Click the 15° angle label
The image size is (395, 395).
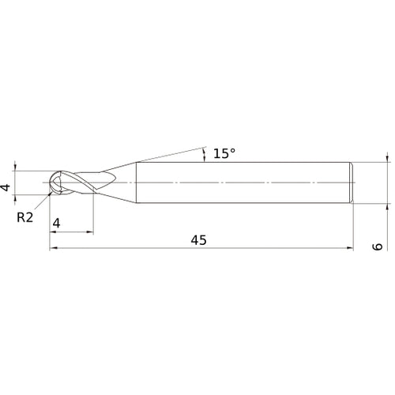point(224,153)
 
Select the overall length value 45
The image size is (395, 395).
point(198,240)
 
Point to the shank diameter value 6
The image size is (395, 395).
point(377,246)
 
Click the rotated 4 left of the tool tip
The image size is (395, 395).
point(6,188)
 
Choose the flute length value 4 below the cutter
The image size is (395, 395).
point(55,224)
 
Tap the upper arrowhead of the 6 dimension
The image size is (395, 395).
point(388,159)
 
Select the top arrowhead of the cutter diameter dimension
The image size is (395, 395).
point(16,167)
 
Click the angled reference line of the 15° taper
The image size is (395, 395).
point(166,153)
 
